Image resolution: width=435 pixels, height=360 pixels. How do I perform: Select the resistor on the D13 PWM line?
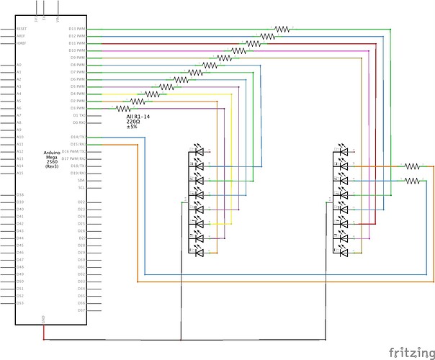click(x=282, y=30)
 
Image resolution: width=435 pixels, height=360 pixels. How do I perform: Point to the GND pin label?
click(x=44, y=318)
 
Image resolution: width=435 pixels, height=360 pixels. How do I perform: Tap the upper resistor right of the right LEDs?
click(x=411, y=166)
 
